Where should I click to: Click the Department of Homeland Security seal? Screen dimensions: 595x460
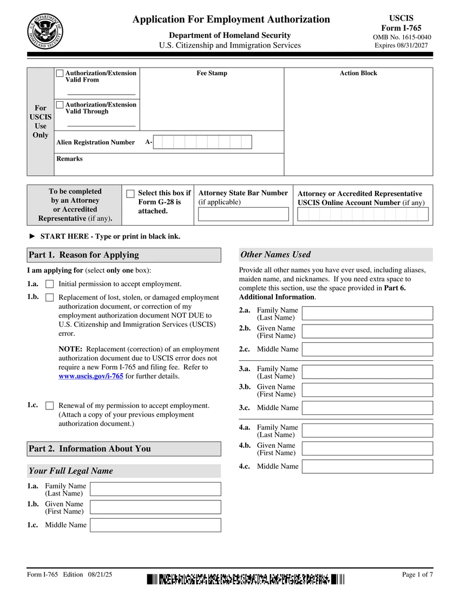[45, 31]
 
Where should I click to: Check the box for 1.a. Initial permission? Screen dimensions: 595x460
[50, 284]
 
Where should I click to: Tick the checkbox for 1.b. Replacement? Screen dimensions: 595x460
[50, 297]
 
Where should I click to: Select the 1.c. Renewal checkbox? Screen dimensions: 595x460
[50, 406]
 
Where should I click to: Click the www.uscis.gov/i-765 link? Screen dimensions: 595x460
[90, 376]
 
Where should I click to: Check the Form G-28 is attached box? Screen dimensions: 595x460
[130, 194]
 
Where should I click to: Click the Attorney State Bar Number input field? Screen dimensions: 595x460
[243, 214]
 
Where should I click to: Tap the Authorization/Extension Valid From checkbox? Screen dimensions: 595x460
[60, 73]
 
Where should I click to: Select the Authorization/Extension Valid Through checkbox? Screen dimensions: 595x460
[60, 104]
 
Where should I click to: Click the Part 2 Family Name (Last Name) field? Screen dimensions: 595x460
[155, 489]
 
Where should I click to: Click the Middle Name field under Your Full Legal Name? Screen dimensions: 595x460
[155, 525]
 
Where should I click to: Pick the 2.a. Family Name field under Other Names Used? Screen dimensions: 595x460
[367, 313]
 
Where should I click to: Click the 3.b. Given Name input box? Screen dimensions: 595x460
[367, 390]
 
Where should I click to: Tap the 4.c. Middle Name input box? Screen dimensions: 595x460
[367, 466]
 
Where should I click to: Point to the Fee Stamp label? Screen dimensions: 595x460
[212, 74]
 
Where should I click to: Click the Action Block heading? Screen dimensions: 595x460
[358, 74]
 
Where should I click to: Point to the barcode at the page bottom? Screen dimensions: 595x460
[245, 580]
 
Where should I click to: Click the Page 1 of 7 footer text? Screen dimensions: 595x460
[417, 574]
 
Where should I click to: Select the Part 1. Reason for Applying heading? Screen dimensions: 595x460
[84, 255]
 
